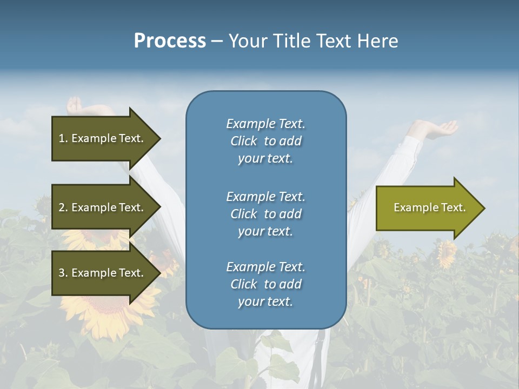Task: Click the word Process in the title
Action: pos(170,41)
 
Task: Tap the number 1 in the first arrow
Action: pos(62,138)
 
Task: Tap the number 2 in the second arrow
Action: pos(62,207)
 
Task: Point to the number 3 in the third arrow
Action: pos(62,273)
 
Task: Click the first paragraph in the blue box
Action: pos(265,141)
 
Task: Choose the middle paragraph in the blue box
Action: pos(265,213)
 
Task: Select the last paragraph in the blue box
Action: pos(265,284)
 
